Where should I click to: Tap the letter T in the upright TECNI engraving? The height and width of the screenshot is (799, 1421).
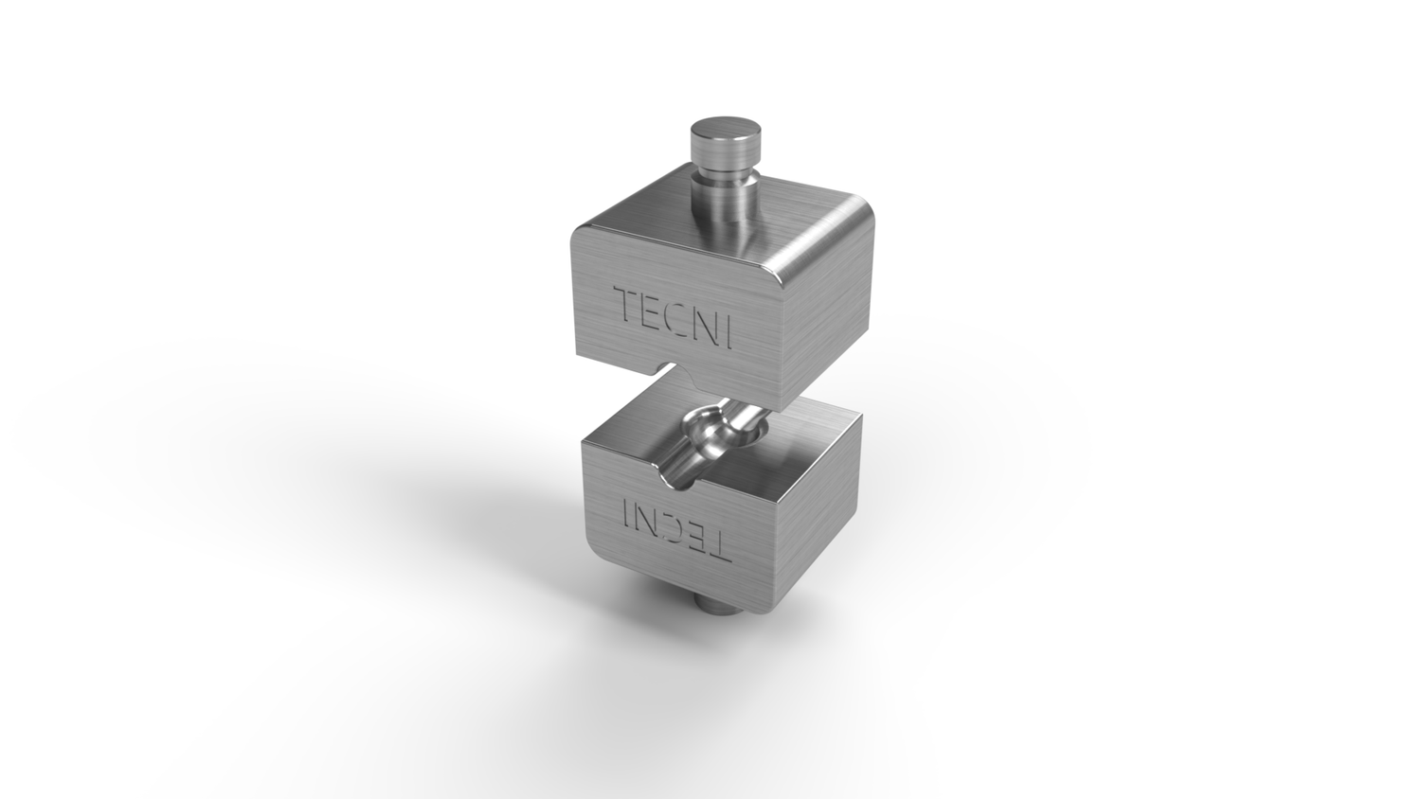(x=629, y=305)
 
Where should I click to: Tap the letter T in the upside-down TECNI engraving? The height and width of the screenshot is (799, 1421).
(x=718, y=543)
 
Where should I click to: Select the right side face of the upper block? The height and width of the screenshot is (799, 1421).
(x=824, y=322)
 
